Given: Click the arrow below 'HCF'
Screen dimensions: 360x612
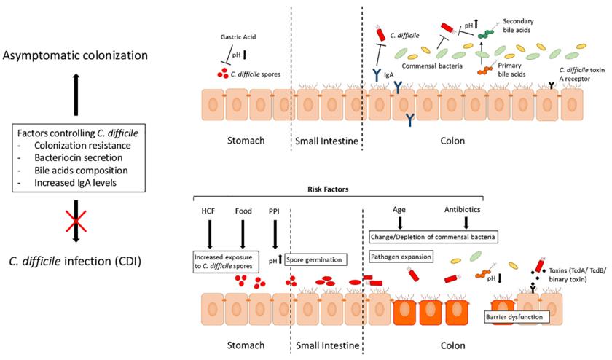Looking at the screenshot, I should [x=207, y=232].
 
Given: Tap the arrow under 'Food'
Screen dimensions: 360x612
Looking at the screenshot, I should [x=241, y=232].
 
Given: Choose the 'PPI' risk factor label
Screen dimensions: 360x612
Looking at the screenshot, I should [x=275, y=212].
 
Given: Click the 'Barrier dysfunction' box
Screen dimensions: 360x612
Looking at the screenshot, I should [x=515, y=318].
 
